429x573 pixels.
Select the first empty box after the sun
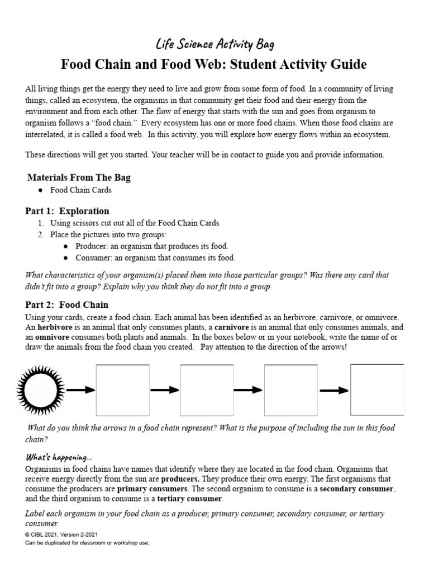(x=123, y=389)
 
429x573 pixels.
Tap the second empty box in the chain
(x=206, y=389)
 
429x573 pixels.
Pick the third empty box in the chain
(x=290, y=389)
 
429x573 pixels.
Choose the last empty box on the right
(x=377, y=389)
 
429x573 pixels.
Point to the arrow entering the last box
(x=334, y=390)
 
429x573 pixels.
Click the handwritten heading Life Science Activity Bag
(x=214, y=44)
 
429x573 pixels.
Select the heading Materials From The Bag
(x=79, y=177)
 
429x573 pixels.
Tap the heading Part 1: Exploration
(x=67, y=211)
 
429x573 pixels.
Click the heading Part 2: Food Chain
(x=66, y=304)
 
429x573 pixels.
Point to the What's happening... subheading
(x=55, y=457)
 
